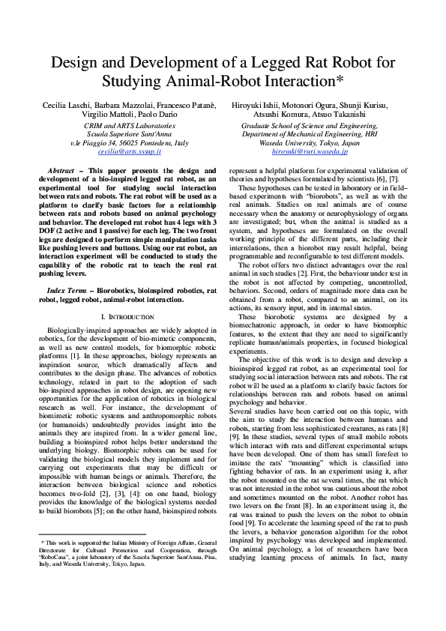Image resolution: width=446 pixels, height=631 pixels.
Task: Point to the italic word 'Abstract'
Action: coord(61,171)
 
